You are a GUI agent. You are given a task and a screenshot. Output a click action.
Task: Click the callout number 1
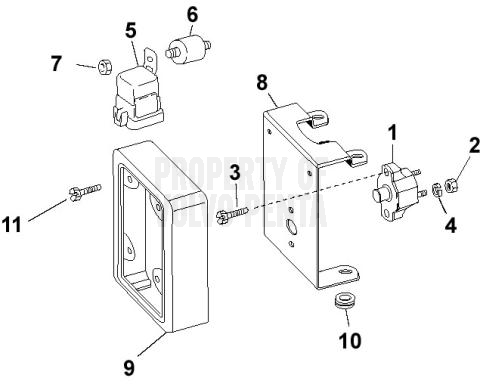coord(393,130)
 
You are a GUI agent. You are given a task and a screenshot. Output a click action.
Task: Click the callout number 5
coord(130,30)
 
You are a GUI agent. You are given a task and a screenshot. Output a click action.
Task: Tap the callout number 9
coord(128,367)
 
